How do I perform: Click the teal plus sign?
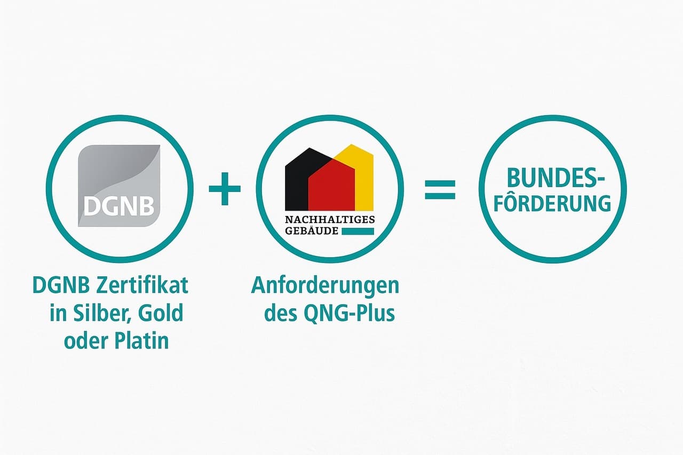point(225,189)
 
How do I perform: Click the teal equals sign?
point(440,189)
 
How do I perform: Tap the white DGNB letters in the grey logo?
point(118,206)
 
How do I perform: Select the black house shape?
point(308,179)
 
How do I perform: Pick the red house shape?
point(331,185)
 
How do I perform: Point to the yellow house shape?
point(359,177)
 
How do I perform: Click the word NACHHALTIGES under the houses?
point(330,220)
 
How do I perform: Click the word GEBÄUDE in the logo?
point(312,230)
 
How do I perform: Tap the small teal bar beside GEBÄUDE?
point(358,232)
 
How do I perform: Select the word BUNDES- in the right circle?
point(555,178)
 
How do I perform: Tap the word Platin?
point(142,340)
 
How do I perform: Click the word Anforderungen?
point(325,286)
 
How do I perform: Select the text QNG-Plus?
point(350,313)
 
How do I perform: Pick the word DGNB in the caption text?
point(61,285)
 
